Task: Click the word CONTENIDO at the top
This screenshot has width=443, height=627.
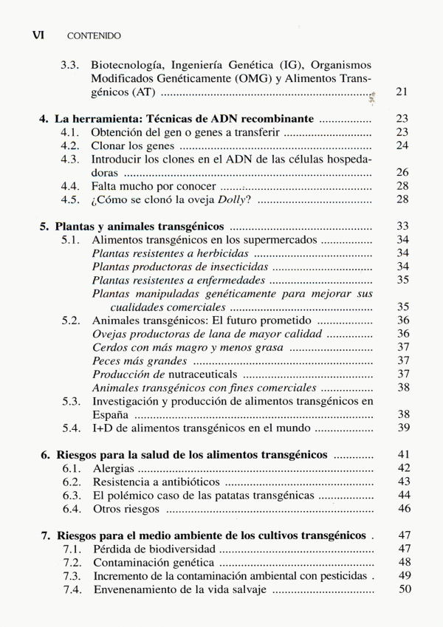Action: pos(94,35)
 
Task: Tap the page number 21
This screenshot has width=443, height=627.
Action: pos(402,92)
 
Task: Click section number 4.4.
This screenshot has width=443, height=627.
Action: pos(70,186)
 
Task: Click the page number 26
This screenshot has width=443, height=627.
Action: pos(402,172)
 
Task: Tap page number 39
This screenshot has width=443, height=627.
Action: pos(402,428)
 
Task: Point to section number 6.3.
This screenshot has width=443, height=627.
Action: pos(70,495)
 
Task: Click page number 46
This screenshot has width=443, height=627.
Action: pos(402,508)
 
